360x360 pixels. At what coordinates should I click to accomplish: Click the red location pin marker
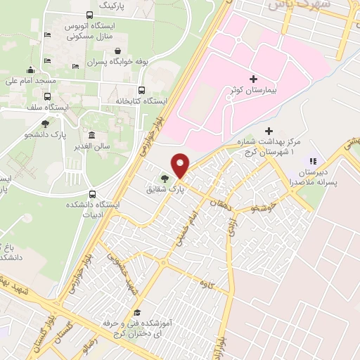point(181,165)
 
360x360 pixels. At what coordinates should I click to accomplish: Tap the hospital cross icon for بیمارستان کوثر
point(253,79)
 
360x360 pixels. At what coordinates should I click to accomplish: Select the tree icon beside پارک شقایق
point(165,179)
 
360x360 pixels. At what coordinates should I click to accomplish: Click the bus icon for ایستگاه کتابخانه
point(141,90)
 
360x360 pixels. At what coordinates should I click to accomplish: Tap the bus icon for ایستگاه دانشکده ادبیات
point(93,194)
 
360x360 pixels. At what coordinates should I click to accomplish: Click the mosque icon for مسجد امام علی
point(30,70)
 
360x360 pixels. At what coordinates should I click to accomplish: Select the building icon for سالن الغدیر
point(92,135)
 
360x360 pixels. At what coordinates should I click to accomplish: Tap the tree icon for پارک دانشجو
point(46,123)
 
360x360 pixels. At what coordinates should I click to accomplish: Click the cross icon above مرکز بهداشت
point(269,131)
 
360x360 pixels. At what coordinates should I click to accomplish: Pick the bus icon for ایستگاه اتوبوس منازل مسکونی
point(89,15)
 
